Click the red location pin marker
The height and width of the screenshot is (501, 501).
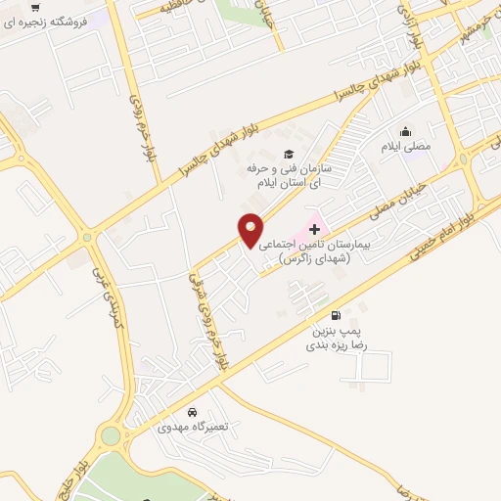(250, 228)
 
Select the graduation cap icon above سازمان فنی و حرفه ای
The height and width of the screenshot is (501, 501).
(288, 153)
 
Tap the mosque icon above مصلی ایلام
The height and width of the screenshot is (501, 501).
(404, 132)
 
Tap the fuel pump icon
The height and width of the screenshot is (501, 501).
(337, 315)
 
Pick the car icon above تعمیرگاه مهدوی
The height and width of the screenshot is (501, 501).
(193, 412)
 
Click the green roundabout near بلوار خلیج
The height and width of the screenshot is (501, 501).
(111, 435)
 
